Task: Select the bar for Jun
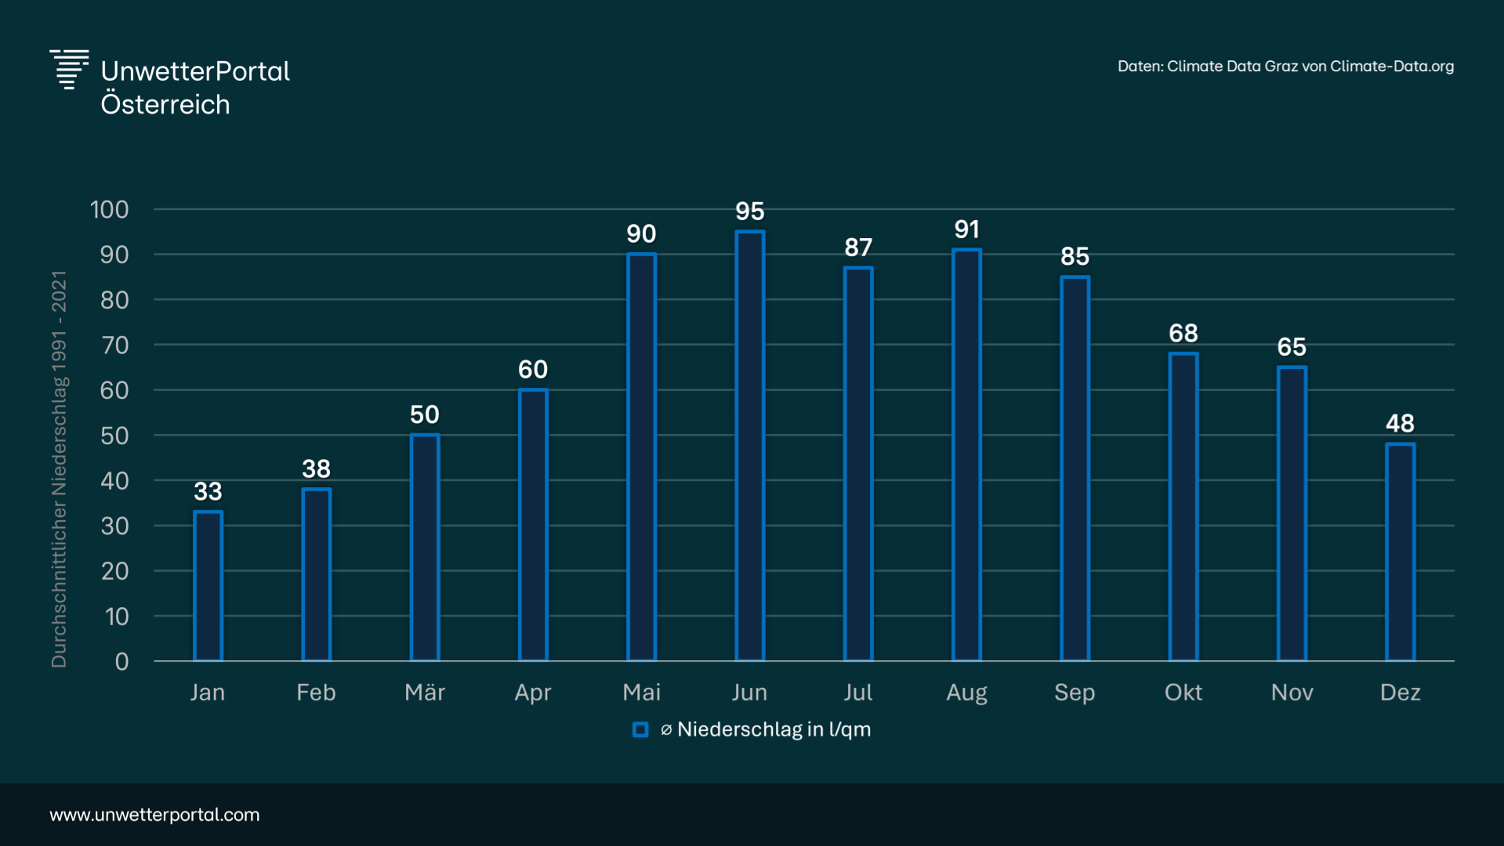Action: [x=749, y=446]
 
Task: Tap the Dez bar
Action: [x=1400, y=552]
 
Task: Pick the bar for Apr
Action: [x=533, y=525]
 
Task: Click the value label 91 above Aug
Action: [x=966, y=230]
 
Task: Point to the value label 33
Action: [x=208, y=491]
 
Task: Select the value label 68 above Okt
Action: [x=1183, y=333]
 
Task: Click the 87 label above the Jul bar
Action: [x=858, y=248]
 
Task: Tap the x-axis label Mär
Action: [x=424, y=692]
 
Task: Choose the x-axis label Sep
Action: [x=1075, y=692]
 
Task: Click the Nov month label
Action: [x=1292, y=692]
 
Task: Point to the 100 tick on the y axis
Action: [x=109, y=209]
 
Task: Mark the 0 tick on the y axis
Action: [x=121, y=662]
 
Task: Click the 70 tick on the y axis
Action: [x=114, y=345]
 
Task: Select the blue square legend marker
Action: [x=640, y=730]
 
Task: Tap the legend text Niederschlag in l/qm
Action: [x=774, y=729]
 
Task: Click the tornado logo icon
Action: [x=69, y=70]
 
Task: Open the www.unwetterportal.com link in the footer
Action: [x=154, y=815]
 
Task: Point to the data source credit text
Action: [x=1285, y=67]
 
